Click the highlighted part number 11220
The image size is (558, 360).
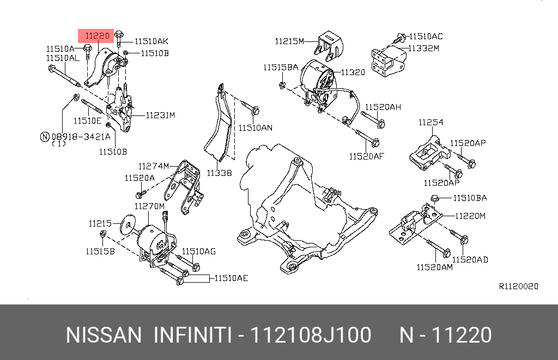[x=96, y=36]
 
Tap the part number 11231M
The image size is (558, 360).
[x=160, y=115]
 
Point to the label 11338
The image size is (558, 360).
[x=219, y=173]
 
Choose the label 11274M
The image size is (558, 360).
[x=154, y=166]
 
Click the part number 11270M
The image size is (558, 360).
[x=149, y=206]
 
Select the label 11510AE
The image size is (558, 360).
[x=231, y=278]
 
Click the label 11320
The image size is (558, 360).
[x=353, y=72]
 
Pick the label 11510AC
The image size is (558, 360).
[x=426, y=36]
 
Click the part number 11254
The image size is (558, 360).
[x=430, y=123]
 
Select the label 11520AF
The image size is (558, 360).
[x=367, y=156]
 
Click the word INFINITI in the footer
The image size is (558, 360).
[x=192, y=335]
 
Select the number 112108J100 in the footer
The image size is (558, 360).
[x=310, y=335]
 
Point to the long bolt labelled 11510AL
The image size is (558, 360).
[x=65, y=76]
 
